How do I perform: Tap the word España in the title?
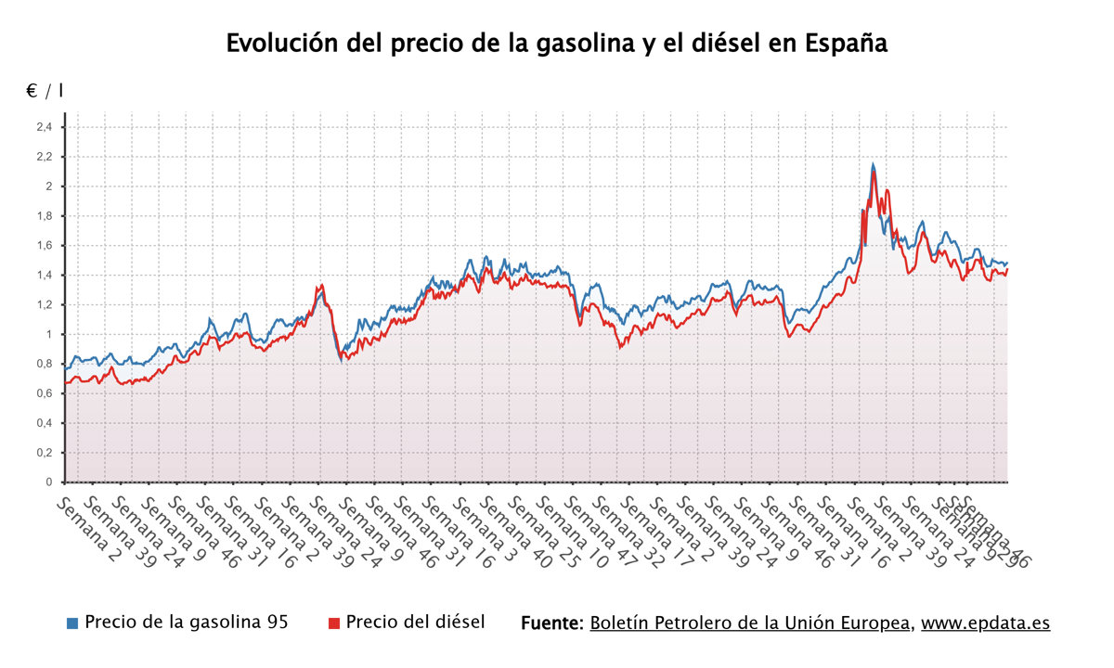[847, 43]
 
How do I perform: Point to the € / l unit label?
[45, 91]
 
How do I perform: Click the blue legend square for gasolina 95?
[72, 623]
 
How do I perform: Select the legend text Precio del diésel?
[415, 622]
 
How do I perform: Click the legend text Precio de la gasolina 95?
[186, 622]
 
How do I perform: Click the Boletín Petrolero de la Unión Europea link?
[750, 623]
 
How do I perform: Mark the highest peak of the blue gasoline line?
[873, 164]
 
